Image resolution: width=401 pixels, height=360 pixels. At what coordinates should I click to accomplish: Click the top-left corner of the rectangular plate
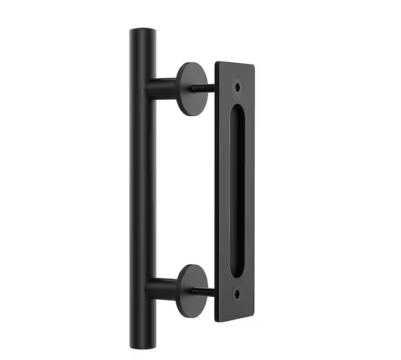(x=216, y=62)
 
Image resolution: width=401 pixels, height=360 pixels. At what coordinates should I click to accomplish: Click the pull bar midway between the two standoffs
(x=142, y=188)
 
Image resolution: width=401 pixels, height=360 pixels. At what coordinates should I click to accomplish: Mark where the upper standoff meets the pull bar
(x=153, y=88)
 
